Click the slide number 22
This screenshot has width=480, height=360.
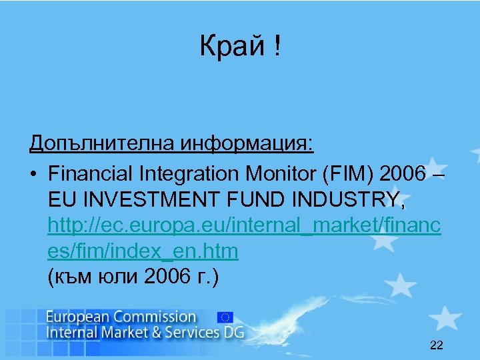point(437,345)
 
